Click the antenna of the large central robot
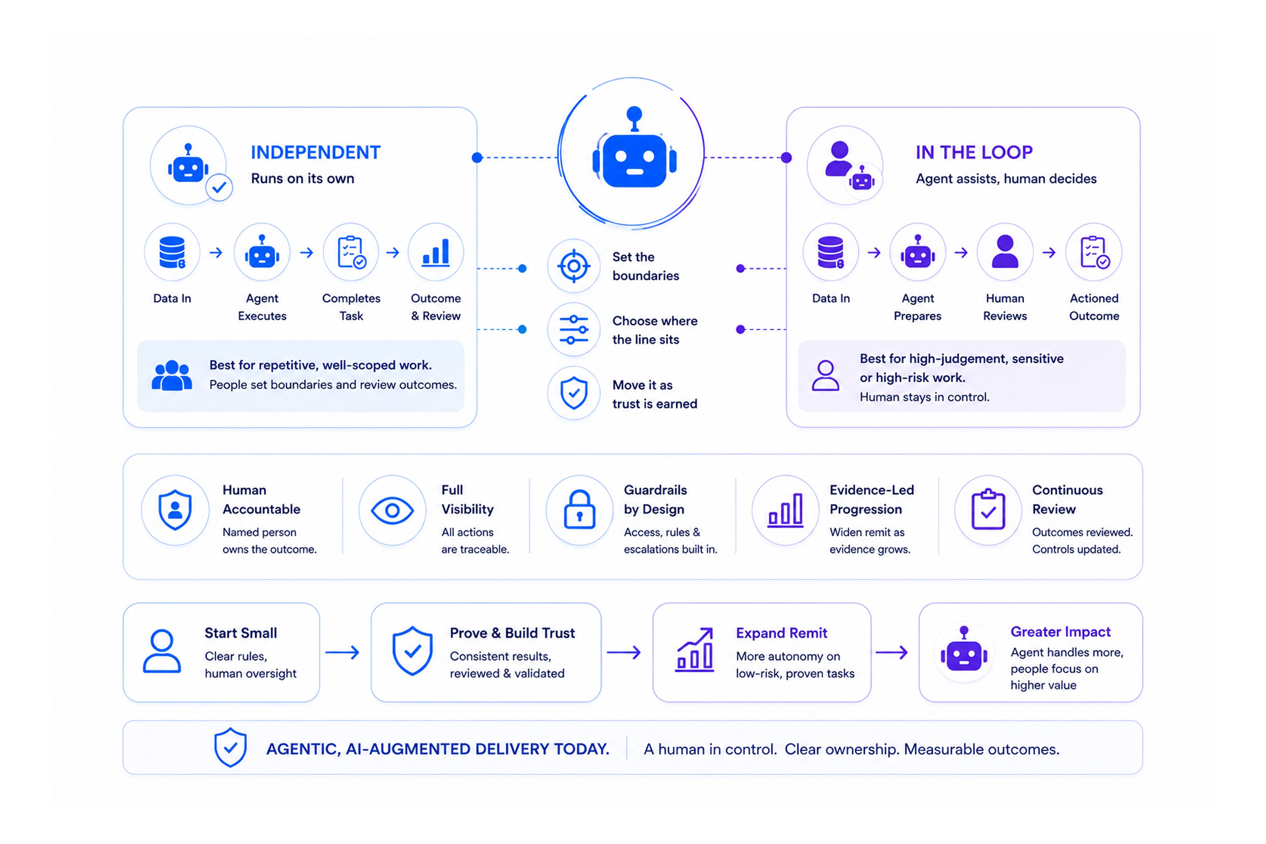pos(634,118)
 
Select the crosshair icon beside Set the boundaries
pos(574,266)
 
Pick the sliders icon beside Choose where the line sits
pos(574,329)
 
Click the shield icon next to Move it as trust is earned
pos(574,393)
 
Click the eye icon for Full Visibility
pos(392,510)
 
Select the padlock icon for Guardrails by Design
pos(580,509)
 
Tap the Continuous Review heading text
pos(1067,500)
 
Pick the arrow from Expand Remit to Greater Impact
pos(892,652)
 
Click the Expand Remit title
pos(781,633)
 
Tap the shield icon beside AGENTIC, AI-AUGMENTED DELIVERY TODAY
pos(230,747)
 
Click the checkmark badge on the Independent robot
pos(219,187)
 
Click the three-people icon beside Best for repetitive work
pos(172,375)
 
